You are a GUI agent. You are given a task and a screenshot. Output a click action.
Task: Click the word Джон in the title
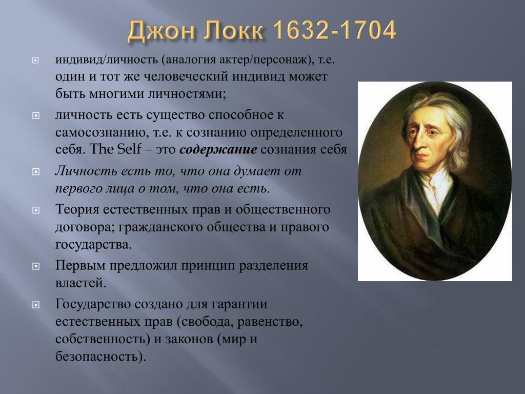[x=161, y=31]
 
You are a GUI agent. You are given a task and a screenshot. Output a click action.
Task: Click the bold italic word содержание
[x=218, y=149]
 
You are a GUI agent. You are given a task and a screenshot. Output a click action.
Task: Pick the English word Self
[x=129, y=149]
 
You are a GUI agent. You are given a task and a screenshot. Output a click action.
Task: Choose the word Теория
[x=77, y=209]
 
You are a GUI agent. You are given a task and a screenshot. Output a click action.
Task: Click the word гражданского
[x=160, y=227]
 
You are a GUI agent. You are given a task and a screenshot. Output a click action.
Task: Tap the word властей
[x=80, y=283]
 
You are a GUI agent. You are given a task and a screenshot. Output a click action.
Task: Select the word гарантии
[x=239, y=304]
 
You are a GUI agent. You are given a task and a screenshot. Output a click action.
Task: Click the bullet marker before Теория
[x=35, y=210]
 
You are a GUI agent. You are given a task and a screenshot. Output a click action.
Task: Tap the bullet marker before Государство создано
[x=35, y=305]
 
